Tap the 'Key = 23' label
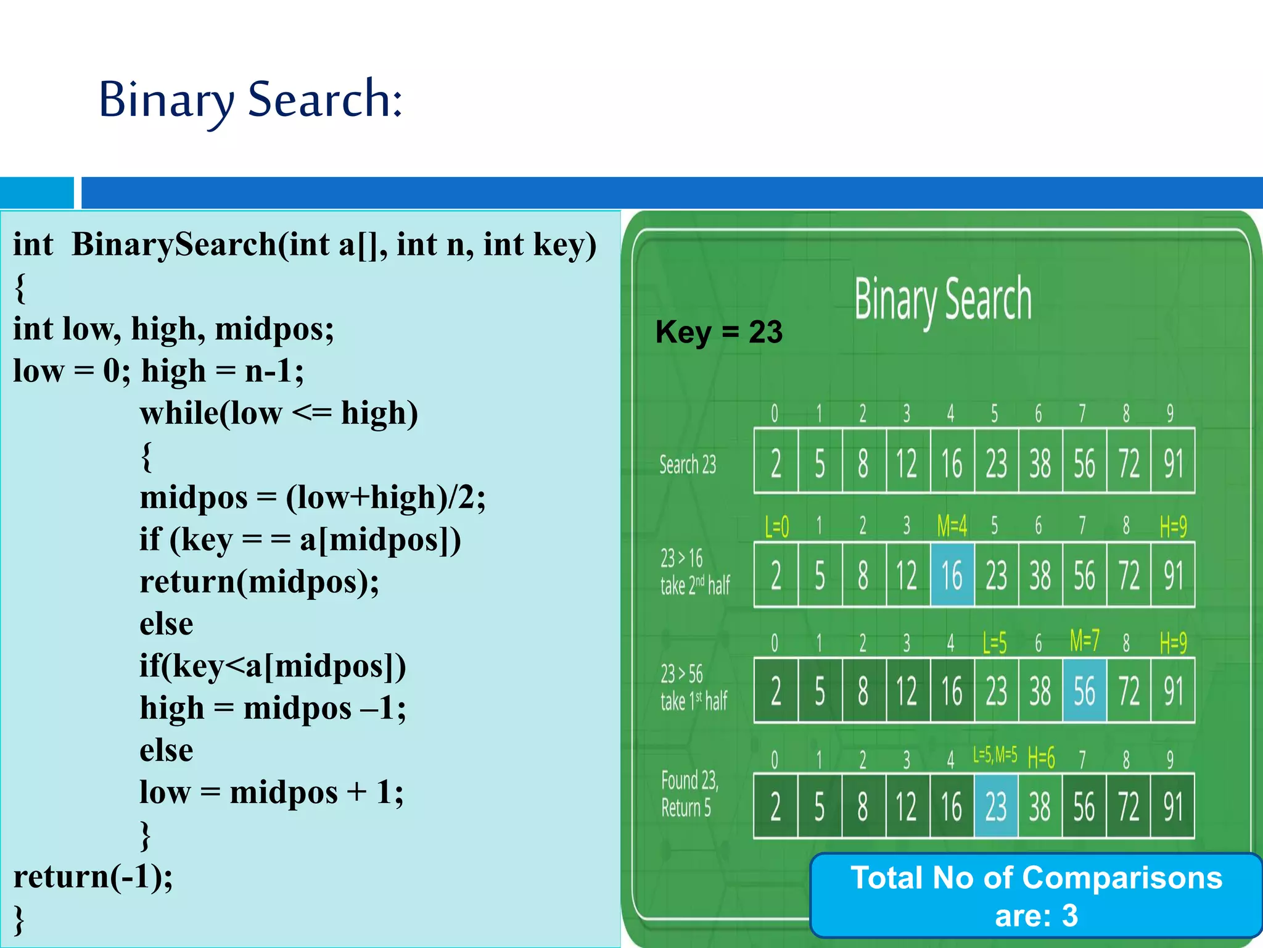tap(719, 332)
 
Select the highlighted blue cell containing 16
tap(952, 575)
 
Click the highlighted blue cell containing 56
tap(1085, 691)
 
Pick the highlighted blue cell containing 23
tap(996, 806)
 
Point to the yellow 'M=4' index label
tap(952, 526)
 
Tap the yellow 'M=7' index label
tap(1084, 641)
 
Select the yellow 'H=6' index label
tap(1041, 758)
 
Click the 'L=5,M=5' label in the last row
tap(995, 755)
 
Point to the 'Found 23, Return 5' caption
tap(689, 794)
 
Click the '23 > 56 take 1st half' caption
tap(694, 688)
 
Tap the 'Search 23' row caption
tap(688, 464)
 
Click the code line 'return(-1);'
tap(93, 876)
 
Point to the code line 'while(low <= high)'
tap(279, 413)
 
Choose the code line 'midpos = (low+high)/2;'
tap(313, 497)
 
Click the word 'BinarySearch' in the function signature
tap(175, 244)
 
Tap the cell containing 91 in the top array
tap(1173, 463)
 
